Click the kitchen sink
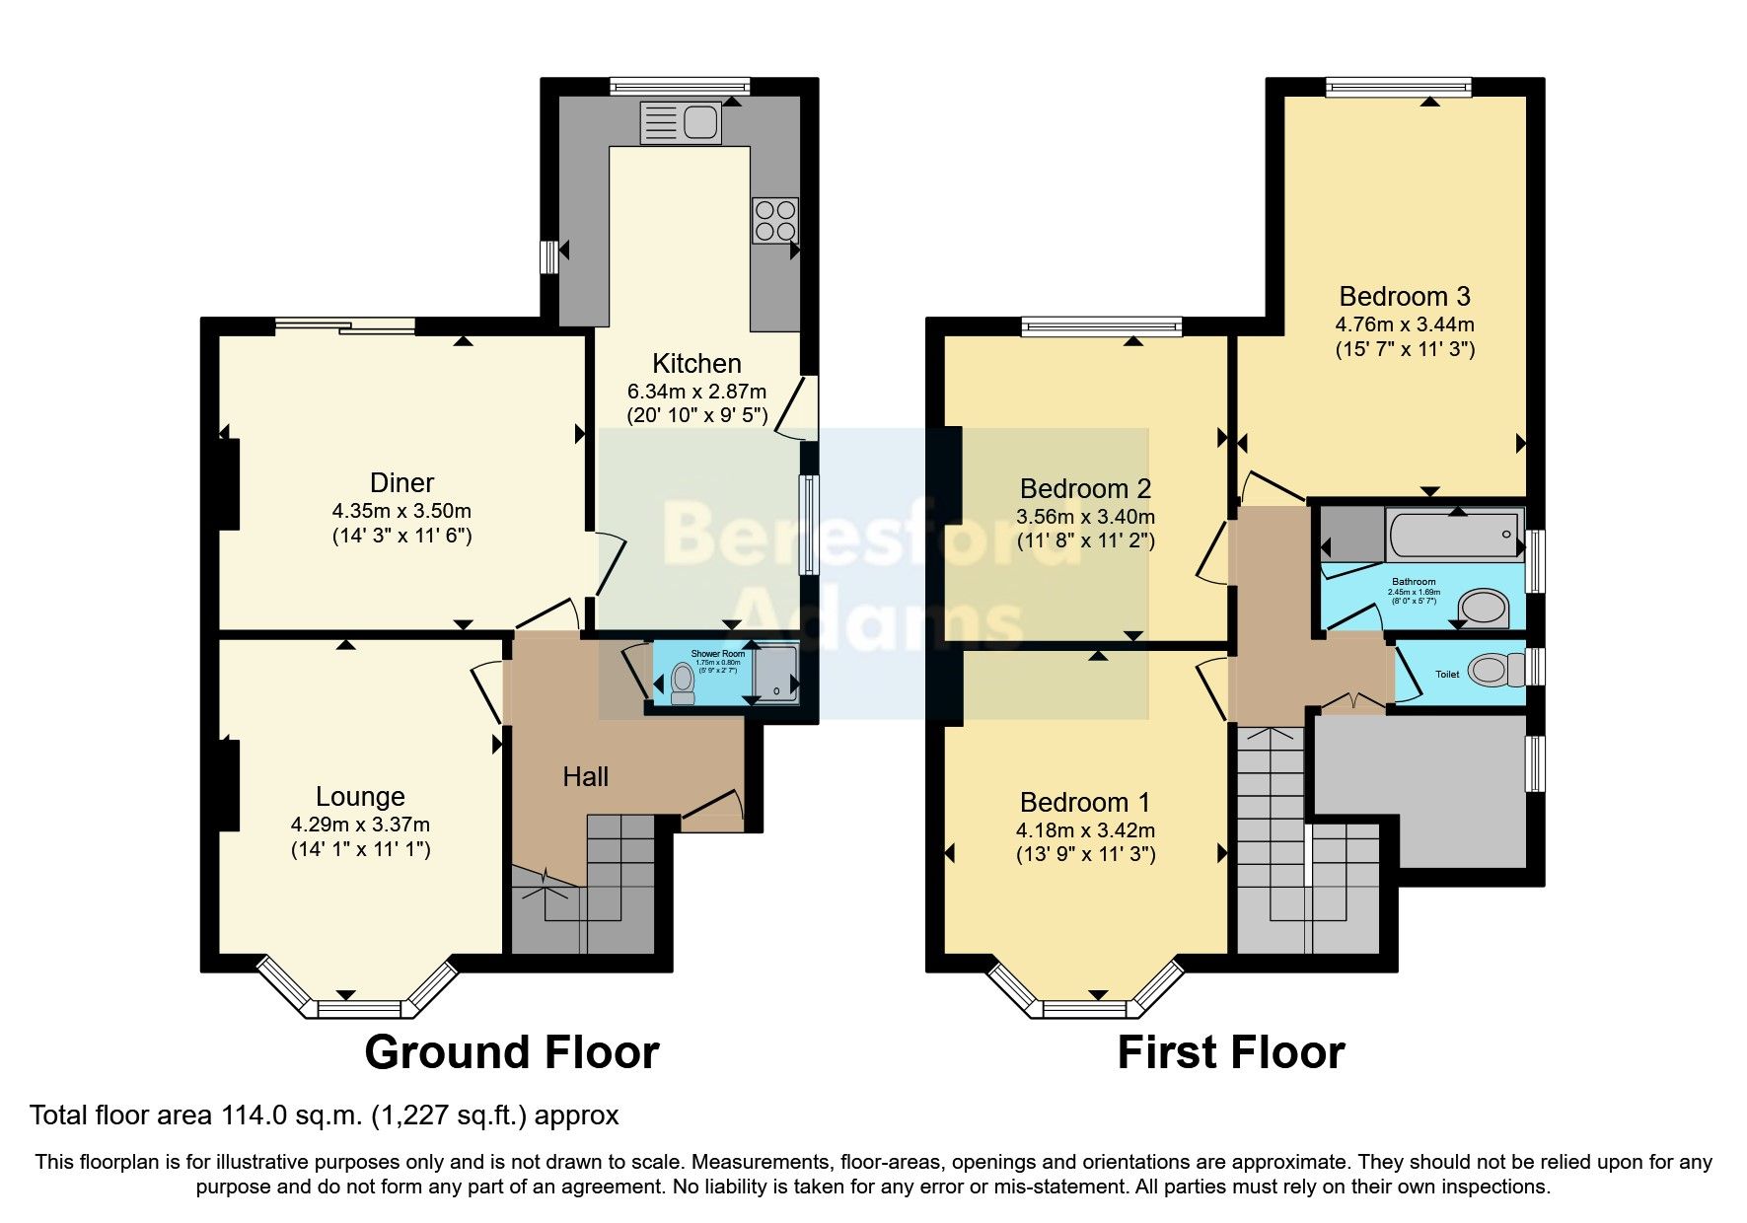click(x=682, y=122)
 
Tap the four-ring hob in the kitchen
click(x=775, y=220)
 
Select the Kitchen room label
click(x=696, y=363)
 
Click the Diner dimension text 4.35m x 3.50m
click(x=401, y=511)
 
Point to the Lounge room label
click(x=360, y=796)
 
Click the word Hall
click(x=585, y=777)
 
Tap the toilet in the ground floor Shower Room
click(x=682, y=683)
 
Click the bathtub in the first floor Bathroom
click(x=1452, y=534)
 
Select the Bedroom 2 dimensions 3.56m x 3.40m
click(x=1085, y=516)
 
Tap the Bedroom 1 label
click(x=1085, y=802)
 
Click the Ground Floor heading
click(x=511, y=1052)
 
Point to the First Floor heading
click(x=1230, y=1052)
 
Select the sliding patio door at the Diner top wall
click(x=344, y=324)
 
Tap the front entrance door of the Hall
click(x=712, y=807)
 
